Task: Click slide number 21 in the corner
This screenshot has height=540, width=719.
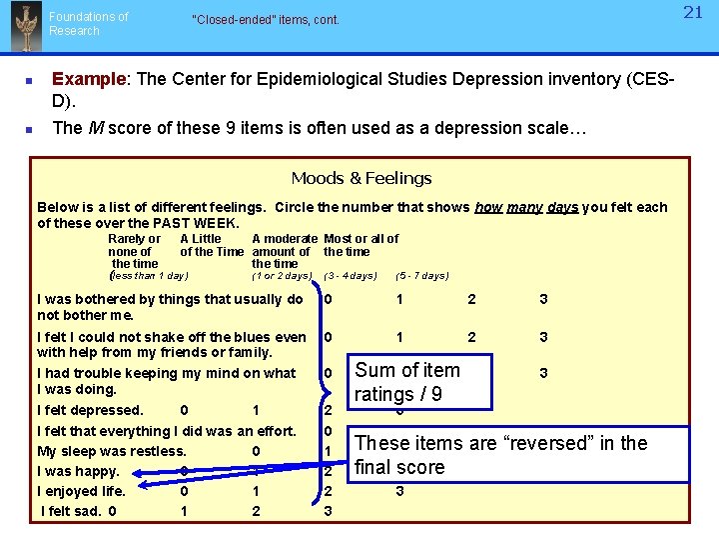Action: (694, 13)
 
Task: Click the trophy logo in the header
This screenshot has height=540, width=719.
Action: (25, 27)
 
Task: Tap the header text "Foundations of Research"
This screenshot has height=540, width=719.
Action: (89, 24)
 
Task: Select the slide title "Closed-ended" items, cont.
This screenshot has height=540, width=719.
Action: (266, 20)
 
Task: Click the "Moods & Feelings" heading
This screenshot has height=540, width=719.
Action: (361, 179)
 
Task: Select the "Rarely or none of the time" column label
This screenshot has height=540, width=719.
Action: (134, 252)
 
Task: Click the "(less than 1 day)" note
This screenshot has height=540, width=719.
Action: (149, 276)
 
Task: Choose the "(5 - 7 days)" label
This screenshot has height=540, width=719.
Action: (422, 276)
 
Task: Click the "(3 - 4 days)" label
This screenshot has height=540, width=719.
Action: (351, 276)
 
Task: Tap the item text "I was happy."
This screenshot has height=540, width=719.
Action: (78, 471)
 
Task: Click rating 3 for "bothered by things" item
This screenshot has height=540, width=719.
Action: (543, 300)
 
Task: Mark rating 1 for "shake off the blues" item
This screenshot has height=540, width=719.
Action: (399, 338)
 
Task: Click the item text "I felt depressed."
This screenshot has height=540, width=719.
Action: (90, 410)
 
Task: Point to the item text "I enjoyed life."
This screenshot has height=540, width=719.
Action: (81, 491)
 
